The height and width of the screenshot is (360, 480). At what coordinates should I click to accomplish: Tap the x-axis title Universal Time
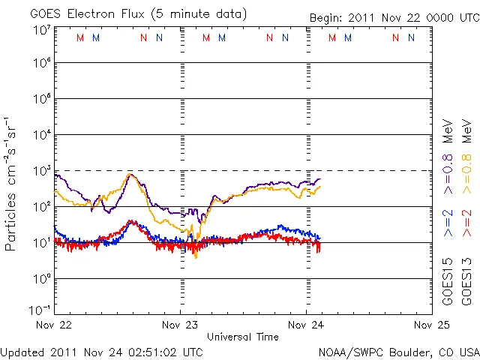(x=243, y=337)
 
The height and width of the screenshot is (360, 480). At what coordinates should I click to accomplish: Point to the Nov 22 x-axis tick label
(x=55, y=325)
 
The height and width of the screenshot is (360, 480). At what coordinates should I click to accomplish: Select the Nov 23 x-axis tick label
(x=181, y=325)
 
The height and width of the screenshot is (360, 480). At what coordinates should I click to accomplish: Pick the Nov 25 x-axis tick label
(x=431, y=325)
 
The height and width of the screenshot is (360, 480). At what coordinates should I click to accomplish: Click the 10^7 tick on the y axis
(x=41, y=30)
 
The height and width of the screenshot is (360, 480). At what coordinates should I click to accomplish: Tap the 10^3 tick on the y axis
(x=41, y=171)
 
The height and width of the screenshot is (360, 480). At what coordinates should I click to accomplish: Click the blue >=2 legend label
(x=448, y=223)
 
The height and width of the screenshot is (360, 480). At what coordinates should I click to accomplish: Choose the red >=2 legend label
(x=467, y=223)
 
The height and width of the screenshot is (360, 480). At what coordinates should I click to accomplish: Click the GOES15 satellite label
(x=448, y=283)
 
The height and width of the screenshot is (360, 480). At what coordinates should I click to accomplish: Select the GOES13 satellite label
(x=467, y=283)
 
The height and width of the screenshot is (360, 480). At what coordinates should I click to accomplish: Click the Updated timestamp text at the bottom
(x=101, y=351)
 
